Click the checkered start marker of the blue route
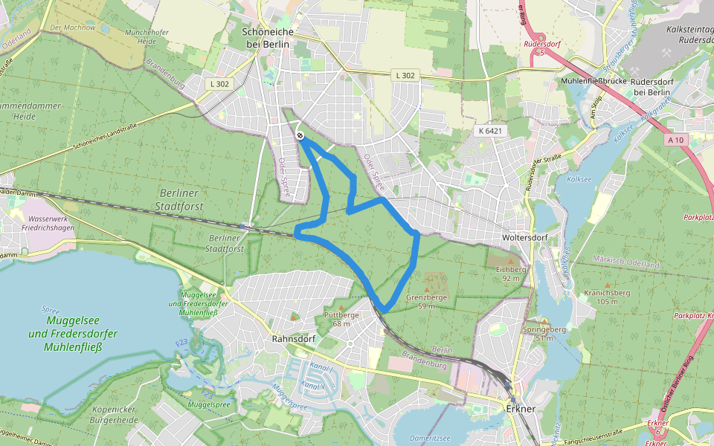(299, 135)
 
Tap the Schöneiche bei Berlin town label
(268, 38)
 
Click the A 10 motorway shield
(676, 140)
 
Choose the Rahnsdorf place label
(295, 338)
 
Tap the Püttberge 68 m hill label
(342, 319)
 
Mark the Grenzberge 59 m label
(427, 301)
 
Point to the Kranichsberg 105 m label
(608, 297)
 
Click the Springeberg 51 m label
(546, 333)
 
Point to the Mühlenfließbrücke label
(593, 81)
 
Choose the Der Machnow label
(72, 28)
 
